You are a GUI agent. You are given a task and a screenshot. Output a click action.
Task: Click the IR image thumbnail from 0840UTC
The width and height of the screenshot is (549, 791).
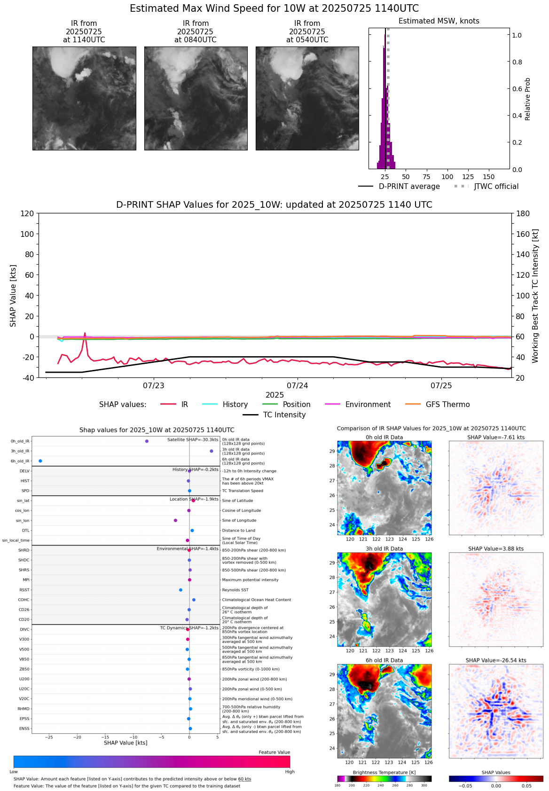point(196,98)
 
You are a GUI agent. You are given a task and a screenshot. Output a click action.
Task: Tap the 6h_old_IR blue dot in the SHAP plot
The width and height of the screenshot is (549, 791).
point(40,461)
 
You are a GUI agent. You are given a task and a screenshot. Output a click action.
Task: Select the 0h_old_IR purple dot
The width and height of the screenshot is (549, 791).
point(147,441)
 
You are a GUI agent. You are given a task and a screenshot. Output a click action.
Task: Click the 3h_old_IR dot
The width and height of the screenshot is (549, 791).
point(212,451)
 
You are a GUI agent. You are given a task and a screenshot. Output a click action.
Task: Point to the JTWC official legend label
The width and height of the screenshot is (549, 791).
point(496,187)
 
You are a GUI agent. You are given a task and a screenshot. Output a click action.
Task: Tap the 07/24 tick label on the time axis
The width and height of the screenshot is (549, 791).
point(298,386)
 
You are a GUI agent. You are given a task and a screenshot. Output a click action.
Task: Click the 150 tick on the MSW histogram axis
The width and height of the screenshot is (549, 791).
point(489,177)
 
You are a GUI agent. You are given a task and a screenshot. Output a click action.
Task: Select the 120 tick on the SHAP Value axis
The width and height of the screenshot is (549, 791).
point(27,214)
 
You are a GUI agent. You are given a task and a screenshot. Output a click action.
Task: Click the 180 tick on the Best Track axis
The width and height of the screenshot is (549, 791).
point(523,214)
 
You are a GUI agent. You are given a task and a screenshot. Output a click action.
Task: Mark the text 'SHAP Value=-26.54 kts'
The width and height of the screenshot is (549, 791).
point(496,660)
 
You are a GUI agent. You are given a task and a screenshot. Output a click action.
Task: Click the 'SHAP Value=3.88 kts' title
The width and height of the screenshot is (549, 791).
point(496,549)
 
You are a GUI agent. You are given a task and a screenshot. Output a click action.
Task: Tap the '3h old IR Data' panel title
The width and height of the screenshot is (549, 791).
point(384,549)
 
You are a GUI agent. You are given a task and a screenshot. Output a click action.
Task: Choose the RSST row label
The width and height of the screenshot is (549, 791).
point(24,590)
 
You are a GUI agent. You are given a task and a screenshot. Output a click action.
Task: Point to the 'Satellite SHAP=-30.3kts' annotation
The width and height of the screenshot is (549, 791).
point(193,440)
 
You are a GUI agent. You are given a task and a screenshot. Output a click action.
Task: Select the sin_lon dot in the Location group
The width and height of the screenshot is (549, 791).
point(175,520)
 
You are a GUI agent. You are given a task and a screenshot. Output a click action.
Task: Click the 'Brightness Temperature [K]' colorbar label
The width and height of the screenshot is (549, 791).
point(384,773)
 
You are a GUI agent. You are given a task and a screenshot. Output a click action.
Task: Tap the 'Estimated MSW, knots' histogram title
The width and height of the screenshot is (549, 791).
point(439,21)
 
